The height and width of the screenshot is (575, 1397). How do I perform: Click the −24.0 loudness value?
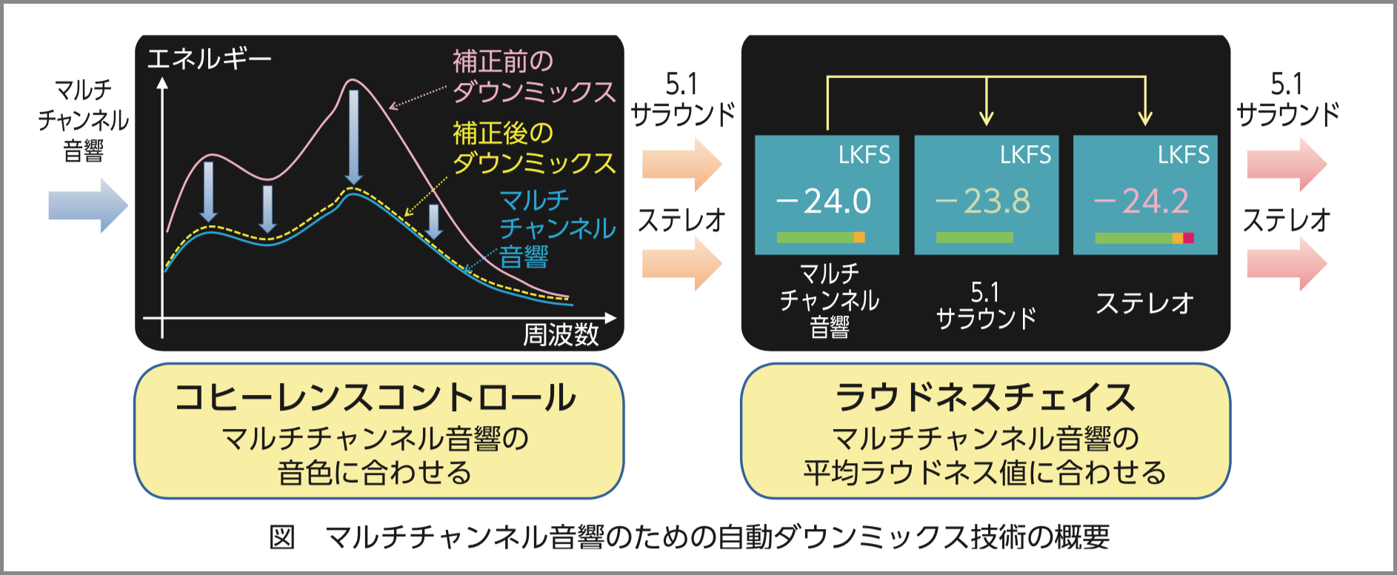pyautogui.click(x=824, y=201)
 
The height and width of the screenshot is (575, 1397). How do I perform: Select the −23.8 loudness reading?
pyautogui.click(x=983, y=201)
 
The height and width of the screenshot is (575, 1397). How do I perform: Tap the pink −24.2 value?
pyautogui.click(x=1141, y=201)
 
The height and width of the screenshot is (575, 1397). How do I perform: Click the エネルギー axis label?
pyautogui.click(x=210, y=59)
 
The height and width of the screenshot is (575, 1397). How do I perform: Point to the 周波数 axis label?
pyautogui.click(x=561, y=335)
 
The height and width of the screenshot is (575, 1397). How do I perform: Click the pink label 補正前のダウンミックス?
pyautogui.click(x=534, y=76)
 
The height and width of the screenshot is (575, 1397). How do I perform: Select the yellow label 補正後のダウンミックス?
pyautogui.click(x=534, y=147)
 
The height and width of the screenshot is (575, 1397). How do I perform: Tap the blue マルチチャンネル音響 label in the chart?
pyautogui.click(x=557, y=228)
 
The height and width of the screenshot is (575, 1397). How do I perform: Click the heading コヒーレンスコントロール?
pyautogui.click(x=376, y=397)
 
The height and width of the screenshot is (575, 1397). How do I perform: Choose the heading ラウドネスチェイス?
pyautogui.click(x=986, y=397)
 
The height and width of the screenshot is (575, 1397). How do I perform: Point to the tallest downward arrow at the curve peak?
pyautogui.click(x=354, y=137)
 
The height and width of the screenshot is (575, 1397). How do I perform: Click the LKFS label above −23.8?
pyautogui.click(x=1025, y=154)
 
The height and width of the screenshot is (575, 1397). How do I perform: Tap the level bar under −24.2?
pyautogui.click(x=1144, y=238)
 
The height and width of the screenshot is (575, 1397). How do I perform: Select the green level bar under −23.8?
pyautogui.click(x=974, y=237)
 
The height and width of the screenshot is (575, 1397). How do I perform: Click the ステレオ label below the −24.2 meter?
pyautogui.click(x=1144, y=303)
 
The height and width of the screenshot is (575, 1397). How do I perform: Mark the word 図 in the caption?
pyautogui.click(x=282, y=537)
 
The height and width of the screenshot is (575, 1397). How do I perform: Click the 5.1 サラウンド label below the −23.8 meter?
pyautogui.click(x=986, y=305)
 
